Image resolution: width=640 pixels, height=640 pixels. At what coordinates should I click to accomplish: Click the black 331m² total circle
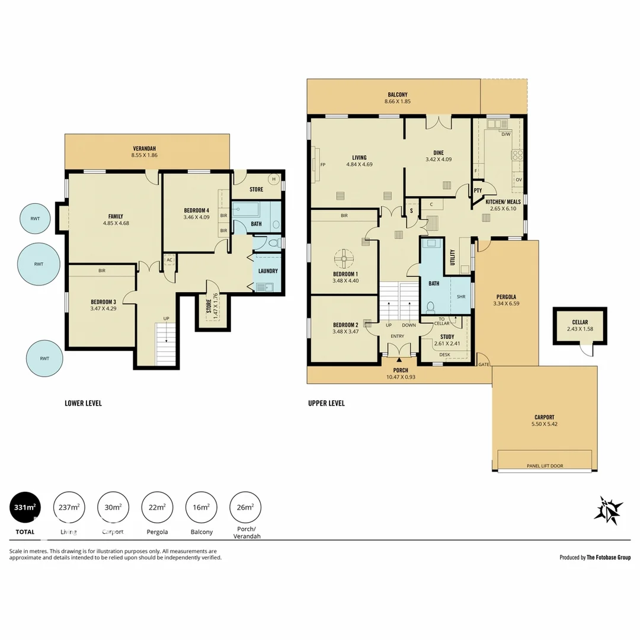pos(26,508)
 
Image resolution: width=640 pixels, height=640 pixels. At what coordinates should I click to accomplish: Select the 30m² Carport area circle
pos(113,508)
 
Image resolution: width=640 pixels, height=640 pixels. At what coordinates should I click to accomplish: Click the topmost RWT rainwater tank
pos(36,218)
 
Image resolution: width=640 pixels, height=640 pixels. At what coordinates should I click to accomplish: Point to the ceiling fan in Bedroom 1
pos(344,258)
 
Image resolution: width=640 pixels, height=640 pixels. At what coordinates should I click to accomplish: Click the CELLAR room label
pos(580,322)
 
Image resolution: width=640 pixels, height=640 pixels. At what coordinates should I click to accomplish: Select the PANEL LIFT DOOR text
pos(545,466)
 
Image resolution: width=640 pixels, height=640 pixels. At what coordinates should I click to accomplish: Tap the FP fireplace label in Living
pos(323,165)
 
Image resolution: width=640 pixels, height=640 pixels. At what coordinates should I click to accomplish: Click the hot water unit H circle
pos(274,179)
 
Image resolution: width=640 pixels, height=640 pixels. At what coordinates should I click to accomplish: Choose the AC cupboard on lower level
pos(169,260)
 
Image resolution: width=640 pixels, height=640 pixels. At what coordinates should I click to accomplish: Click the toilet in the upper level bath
pos(431,308)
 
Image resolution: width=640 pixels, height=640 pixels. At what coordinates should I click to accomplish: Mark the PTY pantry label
pos(478,191)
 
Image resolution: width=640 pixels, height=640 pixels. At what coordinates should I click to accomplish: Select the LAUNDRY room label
pos(267,271)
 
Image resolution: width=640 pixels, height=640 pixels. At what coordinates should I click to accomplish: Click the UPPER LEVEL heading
pos(326,404)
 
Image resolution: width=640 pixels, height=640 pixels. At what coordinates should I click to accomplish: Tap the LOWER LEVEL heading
pos(83,404)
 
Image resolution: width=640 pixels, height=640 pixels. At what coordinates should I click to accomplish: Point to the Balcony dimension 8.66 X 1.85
pos(398,101)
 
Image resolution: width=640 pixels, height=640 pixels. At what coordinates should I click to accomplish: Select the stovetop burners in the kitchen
pos(517,155)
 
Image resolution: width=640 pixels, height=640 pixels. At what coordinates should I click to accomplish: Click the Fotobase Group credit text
pos(595,557)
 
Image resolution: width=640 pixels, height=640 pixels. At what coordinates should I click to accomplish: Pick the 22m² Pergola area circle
pos(157,508)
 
